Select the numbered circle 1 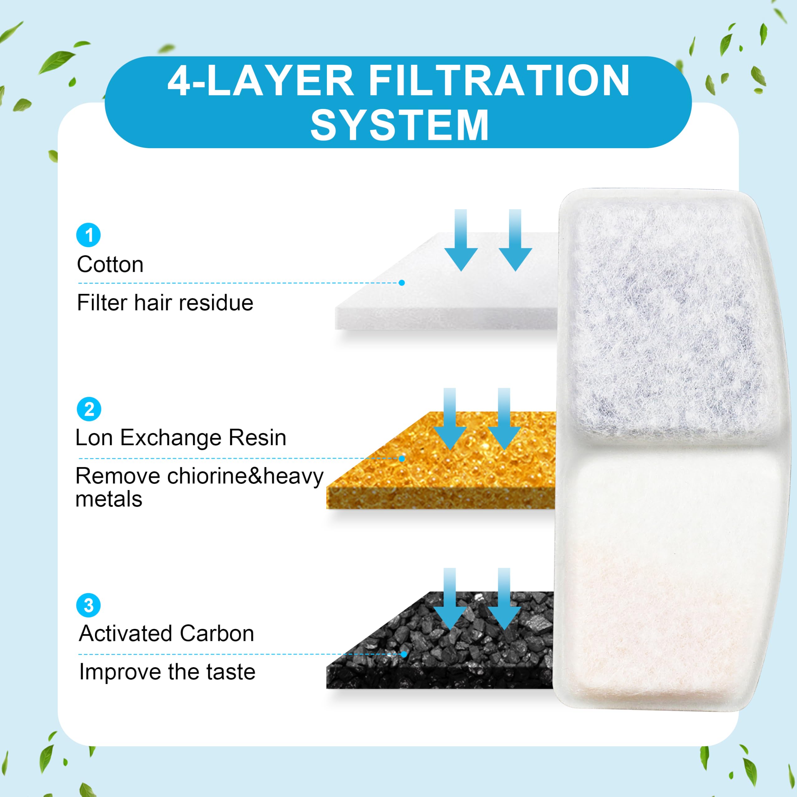coord(89,235)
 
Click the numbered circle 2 coord(89,409)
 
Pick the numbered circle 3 coord(89,605)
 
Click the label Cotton coord(110,264)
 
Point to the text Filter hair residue coord(165,303)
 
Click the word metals coord(109,499)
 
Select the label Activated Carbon coord(167,633)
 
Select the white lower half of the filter coord(672,578)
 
